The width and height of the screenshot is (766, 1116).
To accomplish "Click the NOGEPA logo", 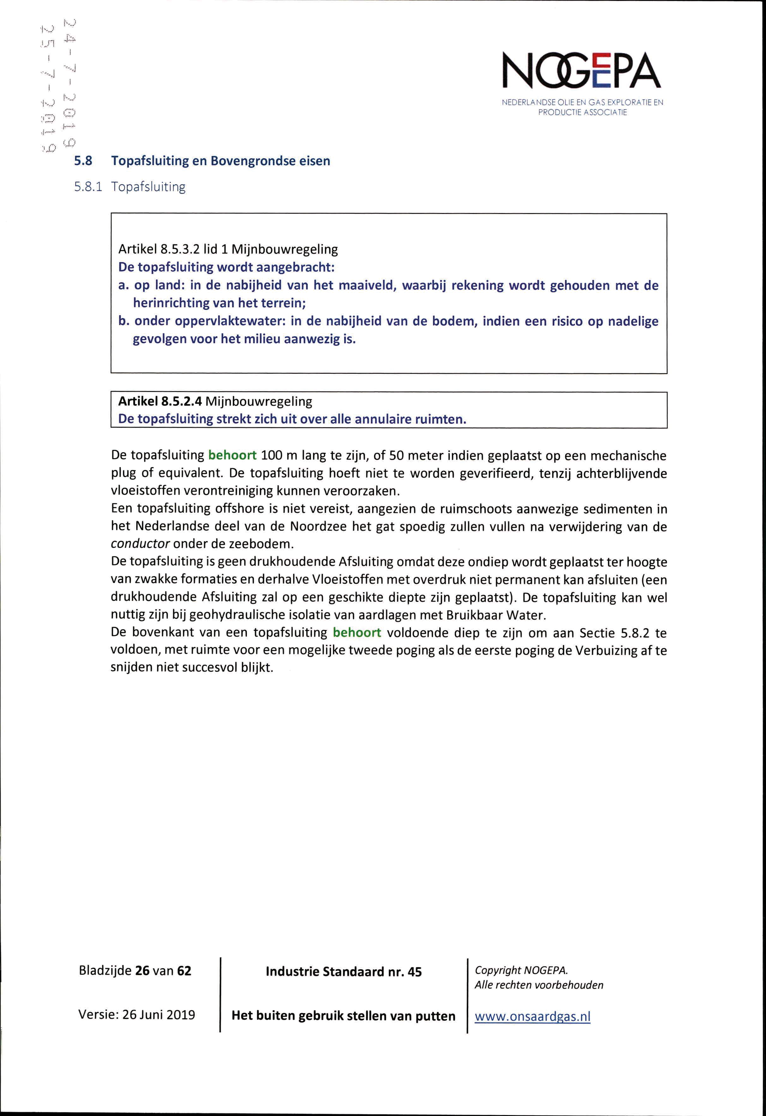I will pos(582,72).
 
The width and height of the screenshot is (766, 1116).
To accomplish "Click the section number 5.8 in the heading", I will pos(83,161).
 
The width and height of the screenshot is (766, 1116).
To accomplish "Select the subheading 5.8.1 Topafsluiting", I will pos(129,187).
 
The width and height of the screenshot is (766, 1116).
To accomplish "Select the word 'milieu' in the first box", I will pos(262,339).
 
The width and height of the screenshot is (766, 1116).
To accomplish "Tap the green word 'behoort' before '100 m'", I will pos(233,455).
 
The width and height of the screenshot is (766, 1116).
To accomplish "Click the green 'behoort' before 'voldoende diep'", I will pos(357,633).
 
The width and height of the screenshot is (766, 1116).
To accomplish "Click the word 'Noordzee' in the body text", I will pos(319,526).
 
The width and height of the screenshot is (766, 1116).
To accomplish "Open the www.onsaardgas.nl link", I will pos(533,1016).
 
